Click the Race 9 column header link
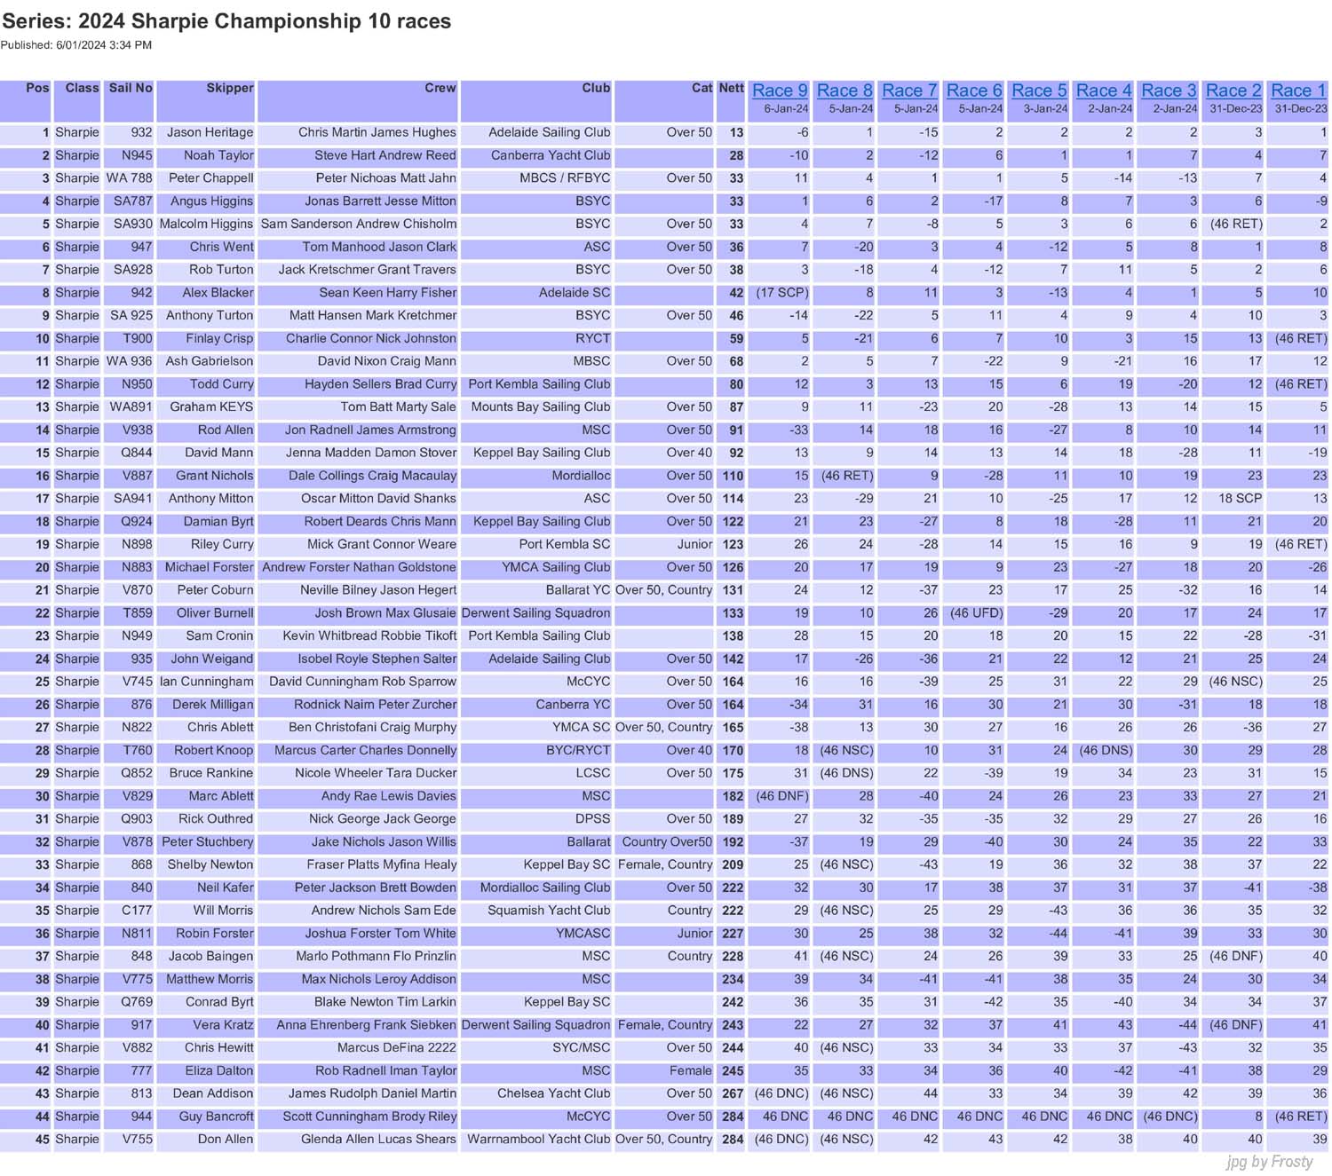[779, 91]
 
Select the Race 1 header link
[1297, 91]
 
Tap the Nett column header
[731, 88]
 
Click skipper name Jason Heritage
[210, 132]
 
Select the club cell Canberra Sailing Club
[551, 155]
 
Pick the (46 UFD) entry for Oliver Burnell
[976, 613]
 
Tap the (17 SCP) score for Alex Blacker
[781, 293]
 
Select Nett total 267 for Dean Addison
[733, 1093]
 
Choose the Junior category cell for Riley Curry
[694, 544]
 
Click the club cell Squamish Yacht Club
[549, 911]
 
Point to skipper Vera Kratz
[223, 1025]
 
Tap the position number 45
[42, 1140]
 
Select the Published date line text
[76, 45]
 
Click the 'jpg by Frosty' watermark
[1269, 1162]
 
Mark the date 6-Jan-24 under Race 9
[786, 109]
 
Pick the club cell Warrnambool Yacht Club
[538, 1140]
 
